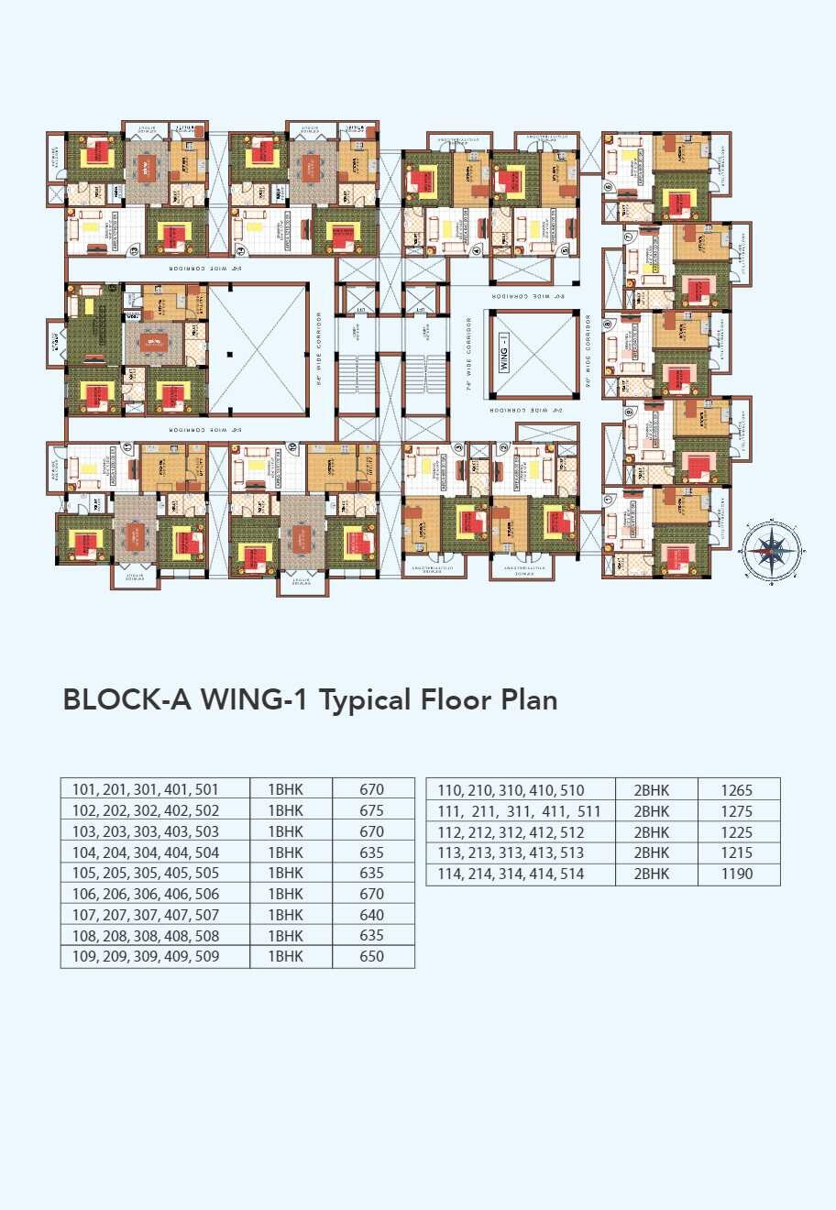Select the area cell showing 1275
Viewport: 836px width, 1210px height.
(737, 811)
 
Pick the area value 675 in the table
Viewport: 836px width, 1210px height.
(372, 810)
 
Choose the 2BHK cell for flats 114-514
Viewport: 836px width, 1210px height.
(652, 874)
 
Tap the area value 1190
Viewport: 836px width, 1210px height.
(737, 874)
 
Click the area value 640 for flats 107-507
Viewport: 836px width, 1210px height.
(372, 915)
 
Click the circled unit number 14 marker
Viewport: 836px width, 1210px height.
(241, 248)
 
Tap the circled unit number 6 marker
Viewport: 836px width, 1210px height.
(608, 187)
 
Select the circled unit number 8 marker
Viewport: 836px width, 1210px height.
(608, 323)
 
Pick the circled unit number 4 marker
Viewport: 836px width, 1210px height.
(476, 247)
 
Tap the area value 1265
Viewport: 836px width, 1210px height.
(737, 790)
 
